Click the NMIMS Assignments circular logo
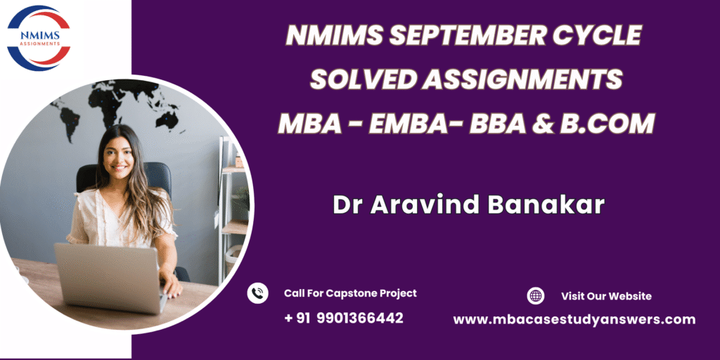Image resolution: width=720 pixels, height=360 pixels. (x=39, y=38)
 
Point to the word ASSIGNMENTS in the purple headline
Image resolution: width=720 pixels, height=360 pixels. (x=522, y=79)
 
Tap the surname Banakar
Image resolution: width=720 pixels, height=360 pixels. (x=546, y=205)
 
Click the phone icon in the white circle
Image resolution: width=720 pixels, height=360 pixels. (x=257, y=293)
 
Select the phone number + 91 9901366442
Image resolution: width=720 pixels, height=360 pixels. (x=343, y=318)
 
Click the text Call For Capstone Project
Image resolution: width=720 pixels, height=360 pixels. (x=350, y=293)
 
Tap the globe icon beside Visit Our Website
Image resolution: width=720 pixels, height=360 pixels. (x=535, y=296)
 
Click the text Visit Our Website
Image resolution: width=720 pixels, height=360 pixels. (x=606, y=296)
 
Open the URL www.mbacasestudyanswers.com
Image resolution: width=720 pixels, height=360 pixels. (x=574, y=320)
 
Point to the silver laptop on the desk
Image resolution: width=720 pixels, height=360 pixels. (x=110, y=277)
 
